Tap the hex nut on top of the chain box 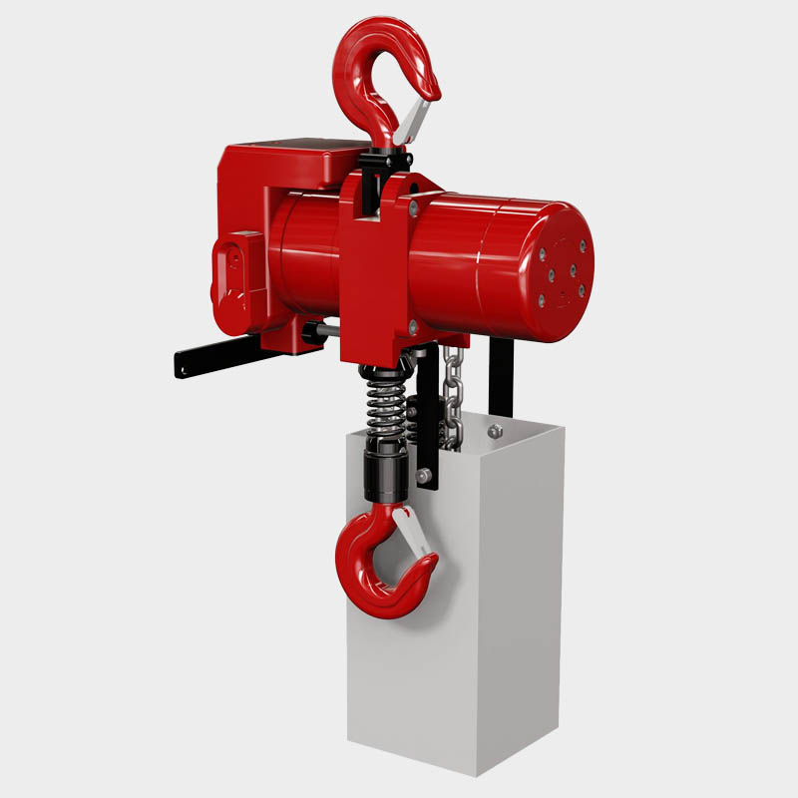[x=493, y=431]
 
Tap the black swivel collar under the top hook [x=388, y=159]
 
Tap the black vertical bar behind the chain [x=503, y=379]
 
